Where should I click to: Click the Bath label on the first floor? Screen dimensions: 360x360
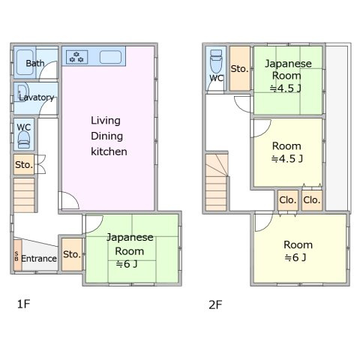coord(35,63)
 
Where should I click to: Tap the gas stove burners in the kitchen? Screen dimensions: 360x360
coord(76,57)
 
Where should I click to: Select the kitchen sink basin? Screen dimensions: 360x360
coord(110,57)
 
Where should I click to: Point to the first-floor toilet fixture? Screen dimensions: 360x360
coord(24,139)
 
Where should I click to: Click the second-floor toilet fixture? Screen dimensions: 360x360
coord(216,61)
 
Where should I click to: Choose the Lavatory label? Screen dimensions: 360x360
coord(37,97)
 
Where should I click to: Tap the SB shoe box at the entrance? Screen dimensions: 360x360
coord(17,255)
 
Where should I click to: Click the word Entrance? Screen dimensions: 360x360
coord(39,259)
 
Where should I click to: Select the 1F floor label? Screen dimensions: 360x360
coord(23,304)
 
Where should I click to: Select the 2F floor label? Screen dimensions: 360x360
coord(215,304)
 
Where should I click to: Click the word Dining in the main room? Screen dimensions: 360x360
coord(106,136)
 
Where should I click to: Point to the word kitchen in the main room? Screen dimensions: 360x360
coord(109,151)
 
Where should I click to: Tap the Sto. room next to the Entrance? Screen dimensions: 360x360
coord(72,254)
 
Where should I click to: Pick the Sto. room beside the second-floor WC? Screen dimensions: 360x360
coord(240,68)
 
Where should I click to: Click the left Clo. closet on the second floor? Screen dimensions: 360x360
coord(288,200)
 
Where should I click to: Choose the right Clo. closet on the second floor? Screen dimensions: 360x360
coord(312,200)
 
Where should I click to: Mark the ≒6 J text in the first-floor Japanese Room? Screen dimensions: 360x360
coord(127,264)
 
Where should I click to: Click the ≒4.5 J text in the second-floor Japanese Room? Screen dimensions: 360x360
coord(286,88)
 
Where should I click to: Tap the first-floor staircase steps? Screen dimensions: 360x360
coord(24,195)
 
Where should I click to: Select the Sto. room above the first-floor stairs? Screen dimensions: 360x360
coord(24,164)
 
